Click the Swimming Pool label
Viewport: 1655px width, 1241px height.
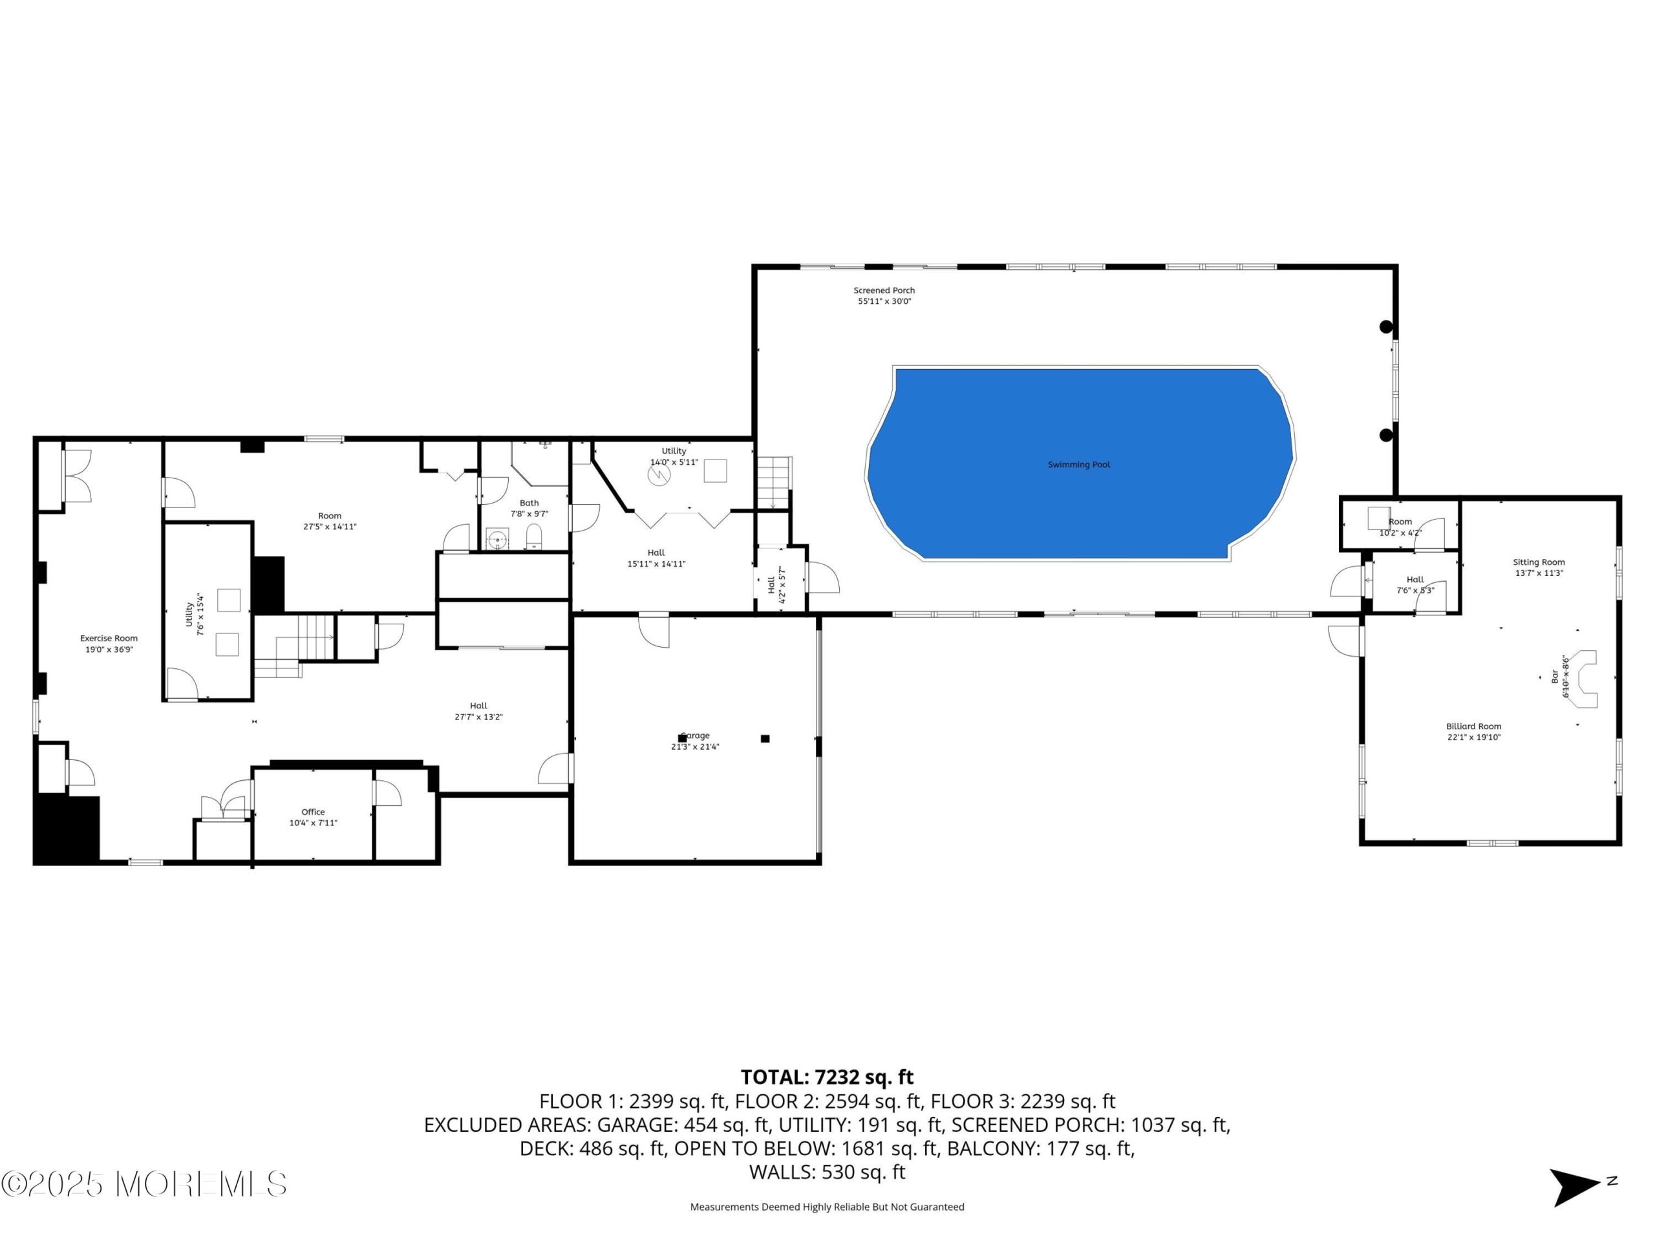1078,465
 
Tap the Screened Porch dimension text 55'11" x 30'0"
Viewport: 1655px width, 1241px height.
884,301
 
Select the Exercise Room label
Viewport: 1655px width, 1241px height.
109,638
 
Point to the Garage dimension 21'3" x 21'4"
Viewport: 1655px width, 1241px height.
695,747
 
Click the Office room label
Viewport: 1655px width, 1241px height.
313,812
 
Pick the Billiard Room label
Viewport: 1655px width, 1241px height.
1473,727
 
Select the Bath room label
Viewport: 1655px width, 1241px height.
529,503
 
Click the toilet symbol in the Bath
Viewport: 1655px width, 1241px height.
533,537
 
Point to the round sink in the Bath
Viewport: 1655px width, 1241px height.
498,539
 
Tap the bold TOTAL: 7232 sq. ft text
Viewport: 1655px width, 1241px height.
827,1077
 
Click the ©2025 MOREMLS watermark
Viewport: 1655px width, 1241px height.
144,1183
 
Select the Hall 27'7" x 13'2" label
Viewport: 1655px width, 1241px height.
479,710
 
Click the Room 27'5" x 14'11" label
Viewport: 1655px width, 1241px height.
329,520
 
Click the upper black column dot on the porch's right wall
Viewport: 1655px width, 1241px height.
1385,326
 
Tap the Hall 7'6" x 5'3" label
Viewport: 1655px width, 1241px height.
1415,584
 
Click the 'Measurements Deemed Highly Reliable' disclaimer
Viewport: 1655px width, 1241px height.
827,1207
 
